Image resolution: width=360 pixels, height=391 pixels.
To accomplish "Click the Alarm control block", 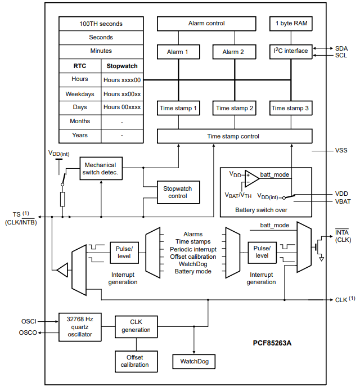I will [x=206, y=24].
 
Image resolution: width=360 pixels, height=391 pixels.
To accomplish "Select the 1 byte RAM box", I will [x=291, y=24].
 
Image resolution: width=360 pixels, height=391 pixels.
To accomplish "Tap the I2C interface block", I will [x=291, y=51].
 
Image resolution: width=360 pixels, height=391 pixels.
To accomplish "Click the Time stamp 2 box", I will [x=235, y=108].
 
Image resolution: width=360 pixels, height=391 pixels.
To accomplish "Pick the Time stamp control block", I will [x=233, y=136].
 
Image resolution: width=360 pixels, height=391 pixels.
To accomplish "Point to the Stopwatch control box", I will [x=178, y=192].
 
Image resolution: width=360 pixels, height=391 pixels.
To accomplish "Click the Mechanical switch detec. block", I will [x=101, y=168].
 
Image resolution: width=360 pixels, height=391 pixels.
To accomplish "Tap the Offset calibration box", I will [x=134, y=361].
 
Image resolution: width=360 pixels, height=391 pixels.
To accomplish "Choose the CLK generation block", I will [x=136, y=326].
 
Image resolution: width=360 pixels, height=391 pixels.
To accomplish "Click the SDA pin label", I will [x=341, y=48].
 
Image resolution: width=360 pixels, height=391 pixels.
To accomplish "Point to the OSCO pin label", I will [x=29, y=332].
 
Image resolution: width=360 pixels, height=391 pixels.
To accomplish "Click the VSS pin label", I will [x=341, y=151].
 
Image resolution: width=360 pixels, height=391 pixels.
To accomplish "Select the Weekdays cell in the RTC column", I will [x=80, y=94].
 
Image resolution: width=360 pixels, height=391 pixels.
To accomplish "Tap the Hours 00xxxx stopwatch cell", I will [x=122, y=107].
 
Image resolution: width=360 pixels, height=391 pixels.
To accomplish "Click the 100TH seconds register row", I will [x=101, y=24].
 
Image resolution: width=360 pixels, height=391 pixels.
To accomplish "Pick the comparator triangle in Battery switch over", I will [x=251, y=178].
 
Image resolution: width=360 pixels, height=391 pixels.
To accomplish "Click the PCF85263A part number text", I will [x=275, y=341].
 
